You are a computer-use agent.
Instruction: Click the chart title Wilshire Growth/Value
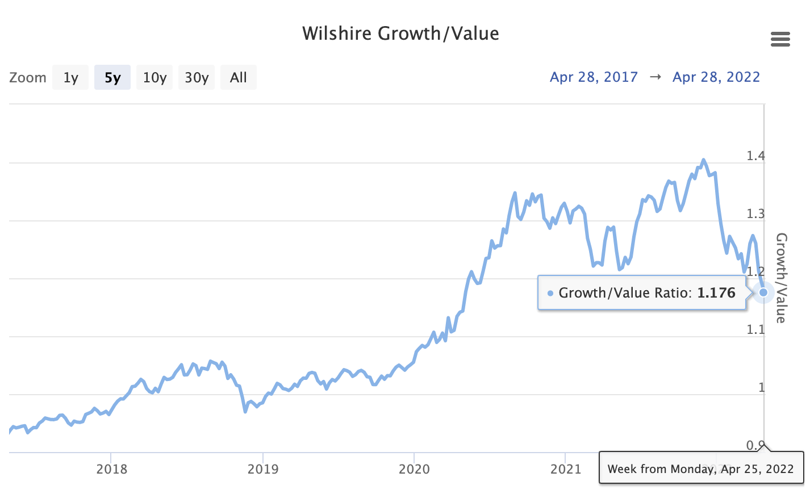coord(400,34)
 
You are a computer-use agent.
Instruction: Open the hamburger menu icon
coord(780,39)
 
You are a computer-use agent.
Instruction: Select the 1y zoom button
coord(70,77)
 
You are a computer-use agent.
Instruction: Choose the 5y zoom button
coord(112,77)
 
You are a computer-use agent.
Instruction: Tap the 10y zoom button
coord(155,77)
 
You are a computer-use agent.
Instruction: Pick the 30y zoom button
coord(197,77)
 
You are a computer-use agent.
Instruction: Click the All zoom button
coord(239,77)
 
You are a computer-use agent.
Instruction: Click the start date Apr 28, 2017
coord(594,77)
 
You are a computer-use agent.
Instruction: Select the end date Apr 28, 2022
coord(716,77)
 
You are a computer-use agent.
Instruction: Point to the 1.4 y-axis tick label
coord(755,156)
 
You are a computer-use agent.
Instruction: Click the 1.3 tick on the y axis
coord(755,214)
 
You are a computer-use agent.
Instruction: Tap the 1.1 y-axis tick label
coord(755,329)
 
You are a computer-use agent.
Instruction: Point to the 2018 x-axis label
coord(112,469)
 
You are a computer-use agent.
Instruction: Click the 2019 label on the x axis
coord(263,469)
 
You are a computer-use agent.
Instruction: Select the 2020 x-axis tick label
coord(414,469)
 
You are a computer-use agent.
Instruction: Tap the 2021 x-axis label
coord(566,469)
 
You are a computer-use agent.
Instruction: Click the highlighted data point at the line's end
coord(763,292)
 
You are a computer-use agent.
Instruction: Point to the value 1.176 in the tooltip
coord(716,293)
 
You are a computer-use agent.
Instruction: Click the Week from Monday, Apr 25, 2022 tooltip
coord(700,469)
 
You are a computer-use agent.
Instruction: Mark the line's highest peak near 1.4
coord(703,160)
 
